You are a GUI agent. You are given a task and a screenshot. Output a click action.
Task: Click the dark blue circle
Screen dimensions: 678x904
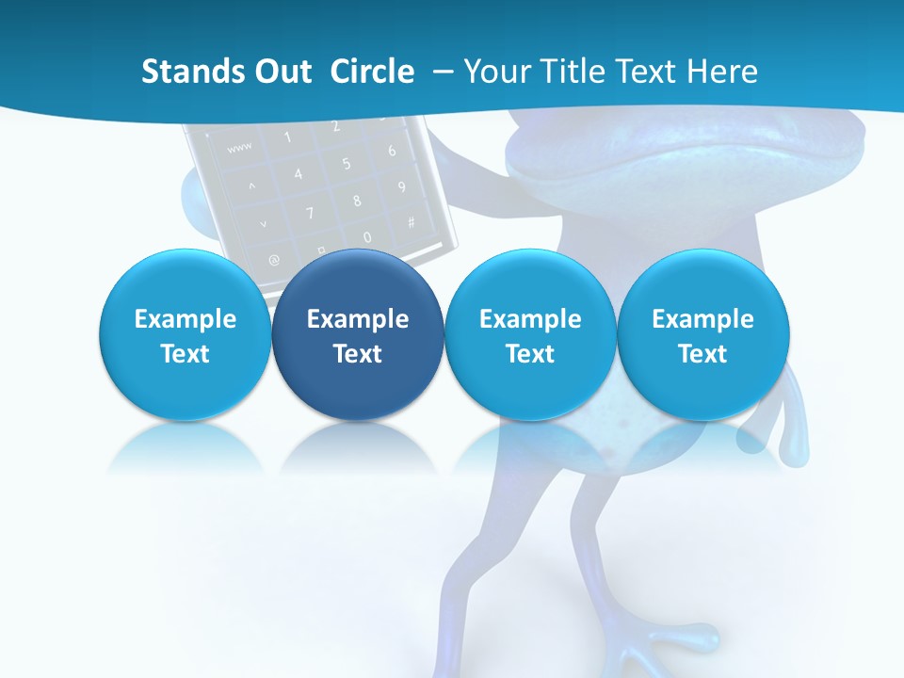[357, 335]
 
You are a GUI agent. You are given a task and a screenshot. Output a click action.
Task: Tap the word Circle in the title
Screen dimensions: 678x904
[372, 72]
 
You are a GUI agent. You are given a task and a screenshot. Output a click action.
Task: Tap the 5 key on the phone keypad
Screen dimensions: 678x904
[346, 164]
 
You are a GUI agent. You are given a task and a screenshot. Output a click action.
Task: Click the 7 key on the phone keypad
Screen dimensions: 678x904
[309, 213]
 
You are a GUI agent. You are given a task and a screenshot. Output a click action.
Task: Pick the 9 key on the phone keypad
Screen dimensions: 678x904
[401, 186]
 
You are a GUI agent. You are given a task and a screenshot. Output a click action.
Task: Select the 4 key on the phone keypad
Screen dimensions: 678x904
[298, 174]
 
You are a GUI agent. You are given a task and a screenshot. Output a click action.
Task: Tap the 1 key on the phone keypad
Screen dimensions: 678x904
[287, 137]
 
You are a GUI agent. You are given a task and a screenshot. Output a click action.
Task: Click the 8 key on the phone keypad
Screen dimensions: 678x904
[357, 200]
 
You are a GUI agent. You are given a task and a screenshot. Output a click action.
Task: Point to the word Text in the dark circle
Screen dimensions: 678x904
[357, 354]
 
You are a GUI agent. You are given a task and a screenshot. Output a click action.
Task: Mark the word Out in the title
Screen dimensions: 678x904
[279, 72]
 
